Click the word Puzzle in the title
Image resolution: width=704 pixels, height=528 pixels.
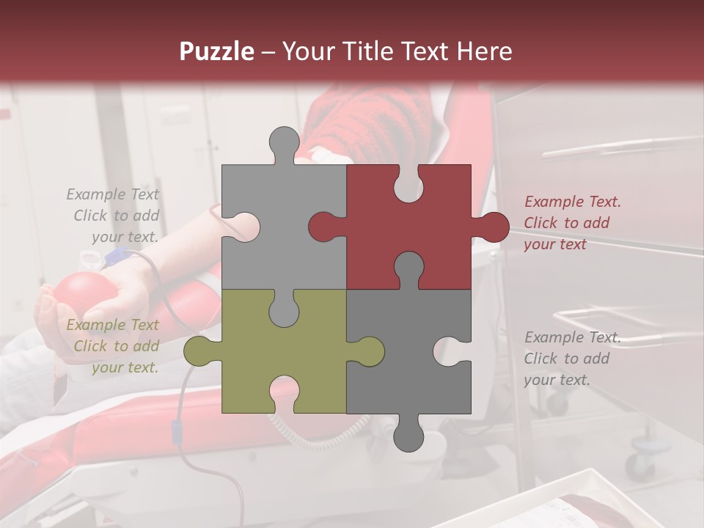click(217, 51)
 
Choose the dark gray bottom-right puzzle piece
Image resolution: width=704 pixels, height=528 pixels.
click(411, 352)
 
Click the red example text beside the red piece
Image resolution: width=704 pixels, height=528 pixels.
click(572, 223)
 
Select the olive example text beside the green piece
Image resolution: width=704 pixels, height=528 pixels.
click(115, 346)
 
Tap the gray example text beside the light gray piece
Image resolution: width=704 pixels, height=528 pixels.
click(115, 216)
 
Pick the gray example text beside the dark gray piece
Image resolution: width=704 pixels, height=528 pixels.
click(572, 359)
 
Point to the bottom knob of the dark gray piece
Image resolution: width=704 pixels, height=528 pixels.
click(409, 436)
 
